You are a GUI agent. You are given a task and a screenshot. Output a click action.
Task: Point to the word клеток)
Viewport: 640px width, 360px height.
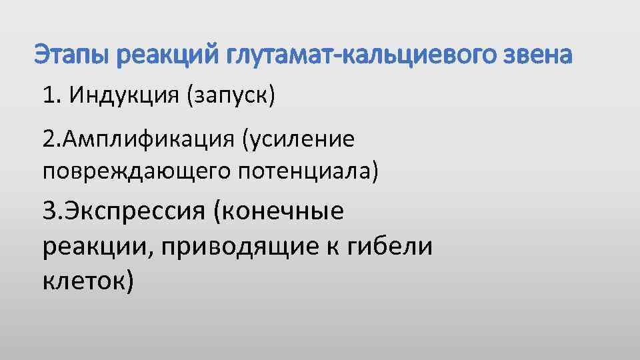88,282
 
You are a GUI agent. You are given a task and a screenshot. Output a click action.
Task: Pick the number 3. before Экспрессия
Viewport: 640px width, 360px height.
52,212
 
